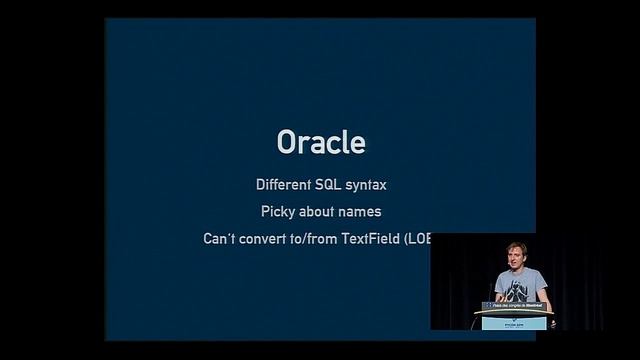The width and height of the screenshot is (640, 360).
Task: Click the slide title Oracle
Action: (320, 142)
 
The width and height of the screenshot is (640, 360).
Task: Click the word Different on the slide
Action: (283, 185)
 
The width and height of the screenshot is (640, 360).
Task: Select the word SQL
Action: (329, 185)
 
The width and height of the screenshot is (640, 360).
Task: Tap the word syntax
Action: (366, 186)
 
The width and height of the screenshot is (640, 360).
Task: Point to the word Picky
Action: (280, 212)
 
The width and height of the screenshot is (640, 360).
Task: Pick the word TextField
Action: (374, 239)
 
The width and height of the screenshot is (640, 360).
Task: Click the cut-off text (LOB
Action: (417, 239)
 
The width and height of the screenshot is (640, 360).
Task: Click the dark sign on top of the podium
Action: (516, 306)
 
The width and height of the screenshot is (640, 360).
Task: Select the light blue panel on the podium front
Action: (516, 322)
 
